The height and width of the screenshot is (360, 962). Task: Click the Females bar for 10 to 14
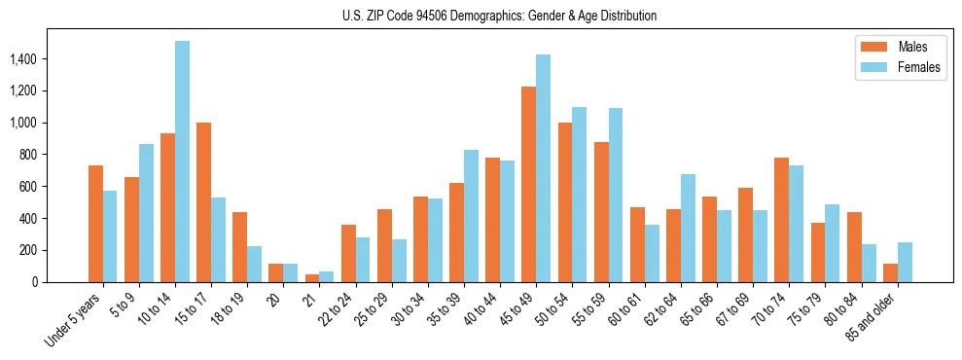pos(182,162)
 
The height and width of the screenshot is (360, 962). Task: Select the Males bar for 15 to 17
pos(203,202)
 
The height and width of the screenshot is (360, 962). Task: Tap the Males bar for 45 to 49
pos(528,185)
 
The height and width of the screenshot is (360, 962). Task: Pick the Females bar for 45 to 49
pos(543,168)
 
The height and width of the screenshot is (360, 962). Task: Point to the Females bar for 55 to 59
pos(615,195)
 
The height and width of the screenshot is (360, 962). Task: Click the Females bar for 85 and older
pos(905,263)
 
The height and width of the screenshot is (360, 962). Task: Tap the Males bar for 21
pos(311,278)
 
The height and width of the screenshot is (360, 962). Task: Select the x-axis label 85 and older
pos(873,317)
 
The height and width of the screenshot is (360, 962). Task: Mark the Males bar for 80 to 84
pos(853,247)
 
